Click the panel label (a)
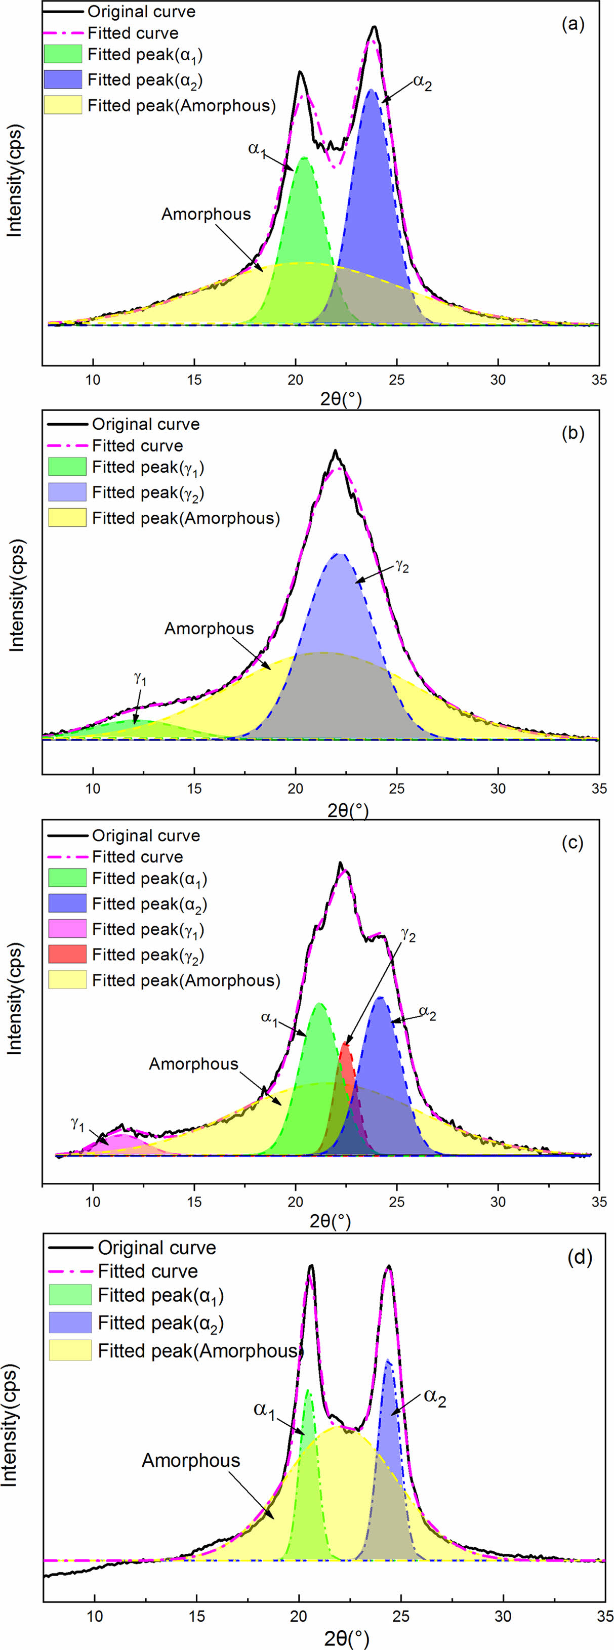[572, 24]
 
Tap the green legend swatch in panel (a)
[63, 54]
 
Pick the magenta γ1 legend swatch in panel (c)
[67, 928]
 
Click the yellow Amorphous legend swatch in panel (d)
[70, 1350]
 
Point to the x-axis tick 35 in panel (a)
[599, 379]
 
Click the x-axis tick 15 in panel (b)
[194, 788]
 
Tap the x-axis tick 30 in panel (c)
[498, 1202]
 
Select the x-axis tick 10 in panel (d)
[95, 1616]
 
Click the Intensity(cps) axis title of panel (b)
[16, 595]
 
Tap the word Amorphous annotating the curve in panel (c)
[193, 1063]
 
